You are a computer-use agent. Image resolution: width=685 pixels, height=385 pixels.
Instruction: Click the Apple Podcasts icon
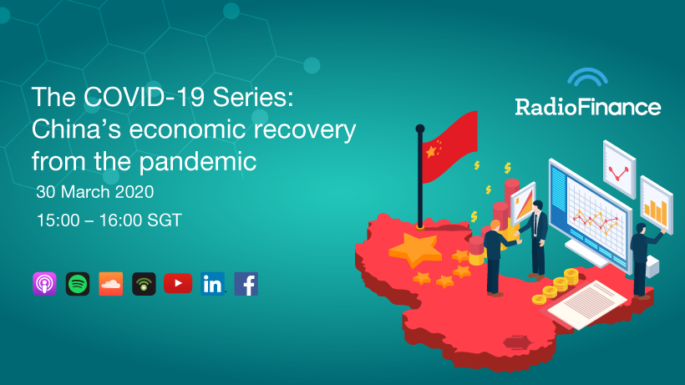(44, 284)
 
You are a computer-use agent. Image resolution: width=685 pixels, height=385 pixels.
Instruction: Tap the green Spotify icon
(78, 284)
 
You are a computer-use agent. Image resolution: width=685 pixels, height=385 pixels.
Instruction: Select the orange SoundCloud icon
(111, 284)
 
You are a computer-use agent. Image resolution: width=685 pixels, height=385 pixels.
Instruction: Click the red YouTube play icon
(178, 283)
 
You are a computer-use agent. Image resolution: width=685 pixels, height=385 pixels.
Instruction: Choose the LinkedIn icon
(212, 284)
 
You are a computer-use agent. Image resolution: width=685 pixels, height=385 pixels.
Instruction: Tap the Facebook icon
(246, 284)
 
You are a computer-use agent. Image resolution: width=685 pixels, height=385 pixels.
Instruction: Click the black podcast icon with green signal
(145, 284)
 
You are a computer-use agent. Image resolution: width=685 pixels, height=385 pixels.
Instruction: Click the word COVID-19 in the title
(145, 97)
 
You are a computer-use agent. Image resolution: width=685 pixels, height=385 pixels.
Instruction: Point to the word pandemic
(197, 162)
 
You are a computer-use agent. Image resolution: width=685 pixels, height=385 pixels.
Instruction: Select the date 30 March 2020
(94, 191)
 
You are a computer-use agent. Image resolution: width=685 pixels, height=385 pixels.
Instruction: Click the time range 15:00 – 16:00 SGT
(109, 220)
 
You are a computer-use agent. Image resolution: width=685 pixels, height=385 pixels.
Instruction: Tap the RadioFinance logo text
(587, 107)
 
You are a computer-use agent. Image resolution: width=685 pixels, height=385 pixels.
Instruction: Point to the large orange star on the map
(414, 249)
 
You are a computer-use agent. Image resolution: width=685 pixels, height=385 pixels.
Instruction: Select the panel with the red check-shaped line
(620, 170)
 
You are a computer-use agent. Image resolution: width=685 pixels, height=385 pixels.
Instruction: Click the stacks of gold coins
(556, 286)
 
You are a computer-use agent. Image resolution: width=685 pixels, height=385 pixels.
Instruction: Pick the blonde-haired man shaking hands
(495, 258)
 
